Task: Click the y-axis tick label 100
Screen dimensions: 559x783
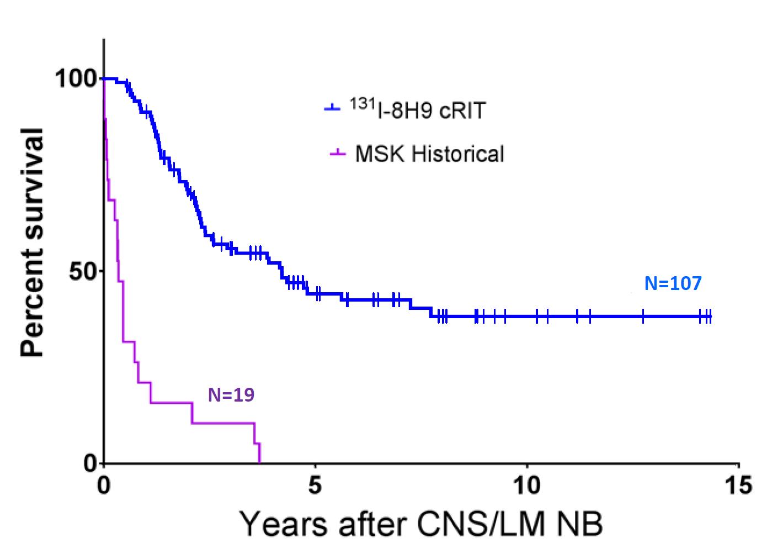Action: (x=76, y=79)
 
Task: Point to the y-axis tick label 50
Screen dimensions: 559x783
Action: (x=83, y=271)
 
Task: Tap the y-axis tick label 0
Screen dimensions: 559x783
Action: (x=90, y=463)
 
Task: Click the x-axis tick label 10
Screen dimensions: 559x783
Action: (x=526, y=486)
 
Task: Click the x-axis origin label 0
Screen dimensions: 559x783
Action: (x=104, y=486)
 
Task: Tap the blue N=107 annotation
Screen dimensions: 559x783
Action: (x=673, y=284)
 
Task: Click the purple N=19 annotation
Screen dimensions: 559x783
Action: (x=231, y=395)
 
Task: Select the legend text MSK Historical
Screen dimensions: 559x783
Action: (x=429, y=154)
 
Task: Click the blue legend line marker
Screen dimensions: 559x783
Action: (x=332, y=109)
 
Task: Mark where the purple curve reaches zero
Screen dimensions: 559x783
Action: (x=259, y=462)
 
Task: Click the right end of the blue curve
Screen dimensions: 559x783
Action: (x=710, y=317)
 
